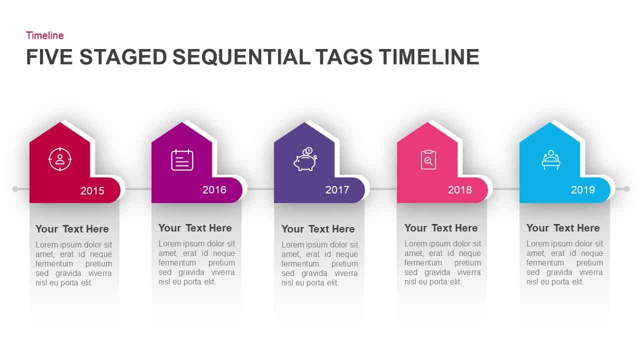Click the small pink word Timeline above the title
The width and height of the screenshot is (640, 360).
click(x=44, y=35)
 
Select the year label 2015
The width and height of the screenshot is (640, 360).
click(x=92, y=190)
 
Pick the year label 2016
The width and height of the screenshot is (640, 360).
click(x=214, y=189)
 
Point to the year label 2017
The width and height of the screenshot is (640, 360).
click(x=337, y=190)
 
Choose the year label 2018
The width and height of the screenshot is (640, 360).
click(x=460, y=190)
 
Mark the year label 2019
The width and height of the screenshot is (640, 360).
click(x=583, y=190)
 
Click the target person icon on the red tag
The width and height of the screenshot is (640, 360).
click(x=60, y=159)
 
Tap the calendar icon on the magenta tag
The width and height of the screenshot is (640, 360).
click(x=182, y=160)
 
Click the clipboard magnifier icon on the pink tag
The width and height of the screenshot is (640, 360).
click(x=428, y=160)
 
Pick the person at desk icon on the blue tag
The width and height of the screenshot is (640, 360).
click(x=550, y=160)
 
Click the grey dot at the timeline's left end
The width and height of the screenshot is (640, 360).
click(x=15, y=189)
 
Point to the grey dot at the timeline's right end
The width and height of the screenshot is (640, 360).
click(x=626, y=189)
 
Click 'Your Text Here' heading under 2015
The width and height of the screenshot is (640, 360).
click(x=72, y=229)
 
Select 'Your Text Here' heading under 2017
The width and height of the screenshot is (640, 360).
click(x=318, y=229)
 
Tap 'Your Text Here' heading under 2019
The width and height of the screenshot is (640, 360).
click(x=563, y=228)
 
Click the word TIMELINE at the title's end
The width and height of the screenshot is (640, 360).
click(x=428, y=57)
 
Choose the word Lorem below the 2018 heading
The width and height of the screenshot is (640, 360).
click(x=415, y=244)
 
